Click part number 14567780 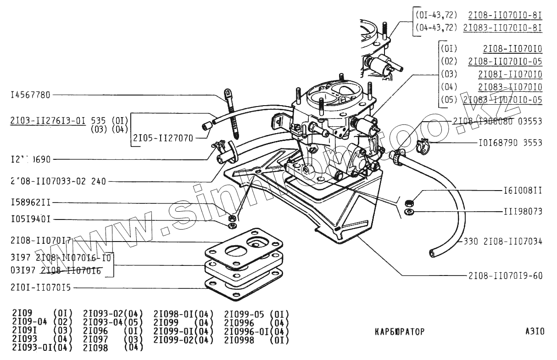coord(30,95)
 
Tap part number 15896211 coord(30,202)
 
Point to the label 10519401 coord(30,219)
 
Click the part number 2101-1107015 coord(40,288)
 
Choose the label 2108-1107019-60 coord(505,276)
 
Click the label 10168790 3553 coord(510,143)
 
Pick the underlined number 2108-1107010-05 coord(505,61)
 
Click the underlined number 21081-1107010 coord(510,74)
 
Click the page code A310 coord(535,331)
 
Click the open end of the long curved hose coord(432,252)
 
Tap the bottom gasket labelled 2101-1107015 coord(243,287)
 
